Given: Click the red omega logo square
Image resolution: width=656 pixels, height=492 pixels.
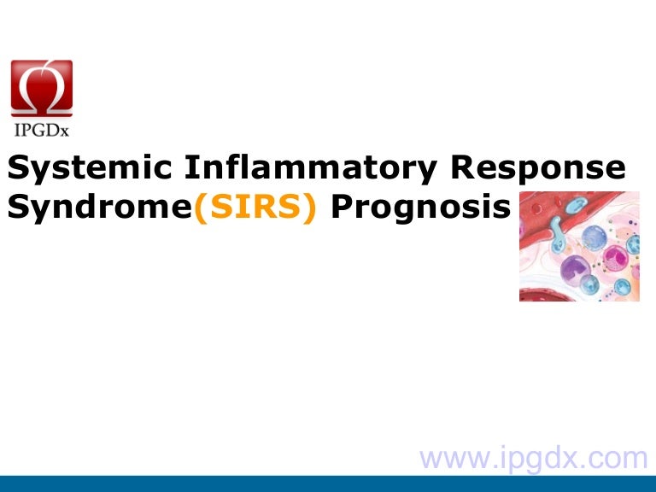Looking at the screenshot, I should point(41,88).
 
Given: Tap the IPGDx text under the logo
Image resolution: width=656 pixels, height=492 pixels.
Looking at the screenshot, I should point(41,129).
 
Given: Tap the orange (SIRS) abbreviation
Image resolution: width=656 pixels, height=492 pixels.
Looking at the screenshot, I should point(256,208).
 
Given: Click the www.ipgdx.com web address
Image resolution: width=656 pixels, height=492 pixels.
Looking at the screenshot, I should point(535,458).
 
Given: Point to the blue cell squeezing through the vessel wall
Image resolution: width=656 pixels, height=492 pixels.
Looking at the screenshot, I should point(560,231).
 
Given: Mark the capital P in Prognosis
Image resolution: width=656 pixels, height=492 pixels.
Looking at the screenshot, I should point(340,208).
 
